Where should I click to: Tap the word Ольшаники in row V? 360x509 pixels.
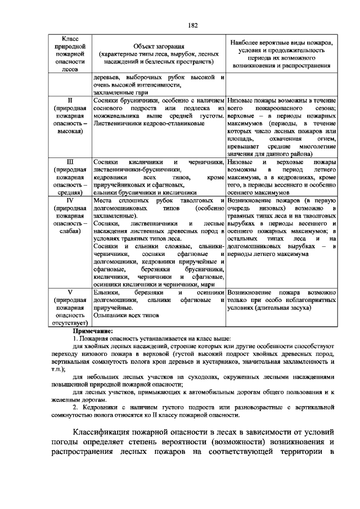[110, 316]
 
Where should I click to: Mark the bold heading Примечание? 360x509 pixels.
[92, 332]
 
